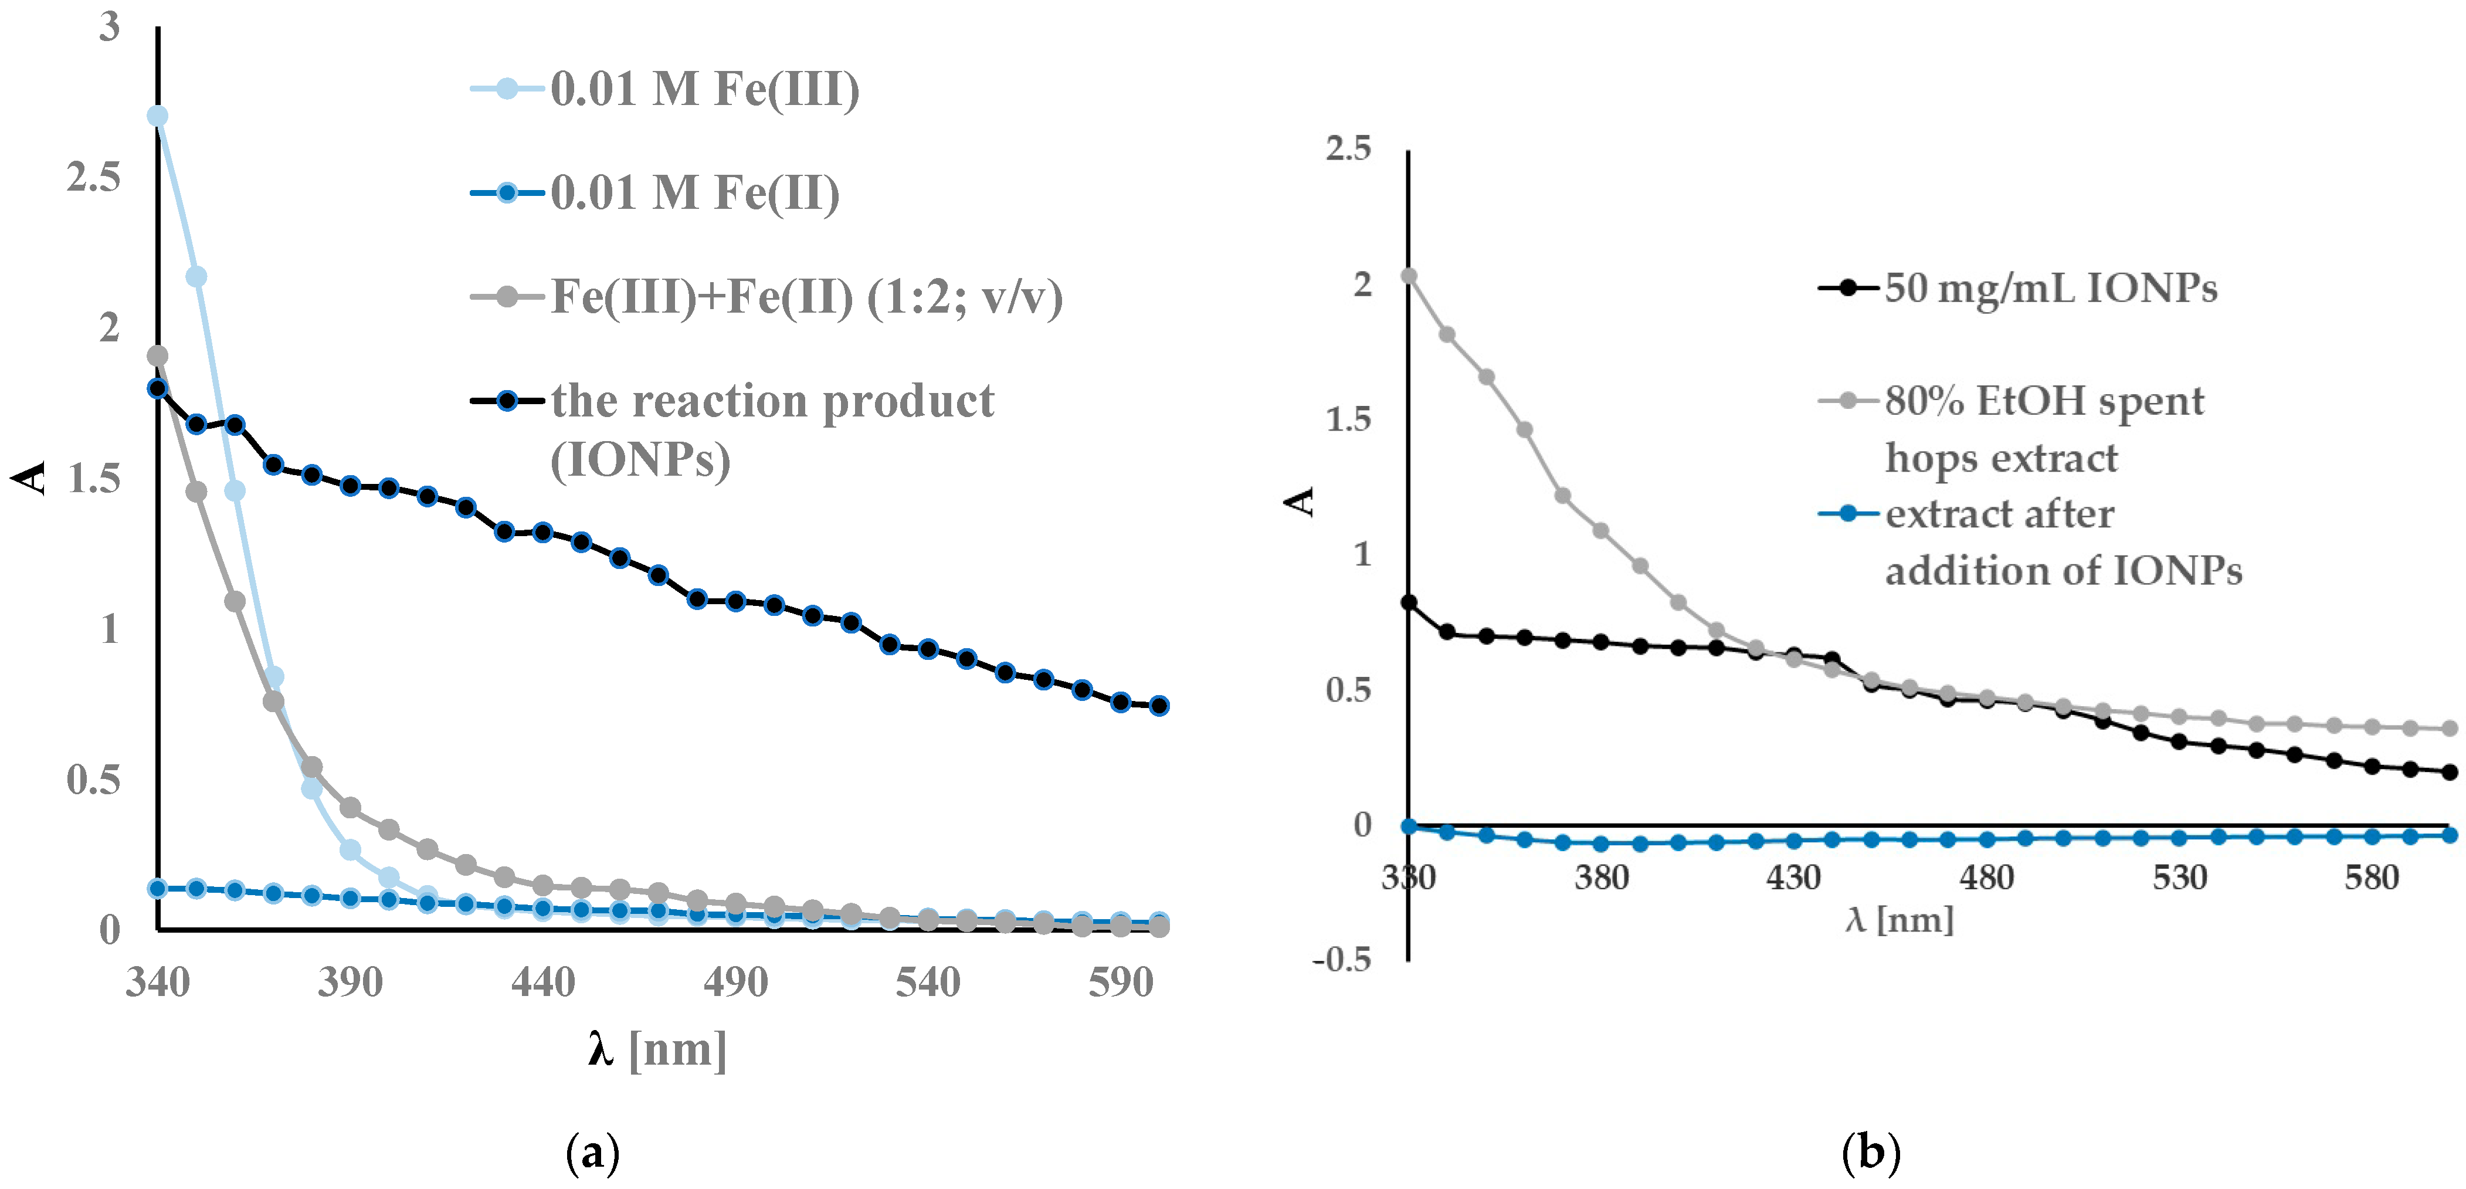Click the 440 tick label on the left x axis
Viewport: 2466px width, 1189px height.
pos(543,982)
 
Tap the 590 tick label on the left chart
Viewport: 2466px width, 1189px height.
pos(1120,982)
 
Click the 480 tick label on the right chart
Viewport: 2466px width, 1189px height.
pos(1986,877)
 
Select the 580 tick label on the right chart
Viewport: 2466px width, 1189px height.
pos(2371,877)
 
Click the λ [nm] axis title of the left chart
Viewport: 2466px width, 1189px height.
pos(657,1049)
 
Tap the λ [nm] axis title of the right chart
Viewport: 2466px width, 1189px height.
pos(1899,920)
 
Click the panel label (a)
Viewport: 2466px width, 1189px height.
pos(592,1154)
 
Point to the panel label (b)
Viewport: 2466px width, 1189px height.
pos(1871,1154)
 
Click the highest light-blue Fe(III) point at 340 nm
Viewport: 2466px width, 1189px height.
pos(158,116)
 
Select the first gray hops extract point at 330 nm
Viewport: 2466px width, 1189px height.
pos(1408,276)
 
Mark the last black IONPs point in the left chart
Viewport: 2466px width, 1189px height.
pos(1158,706)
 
